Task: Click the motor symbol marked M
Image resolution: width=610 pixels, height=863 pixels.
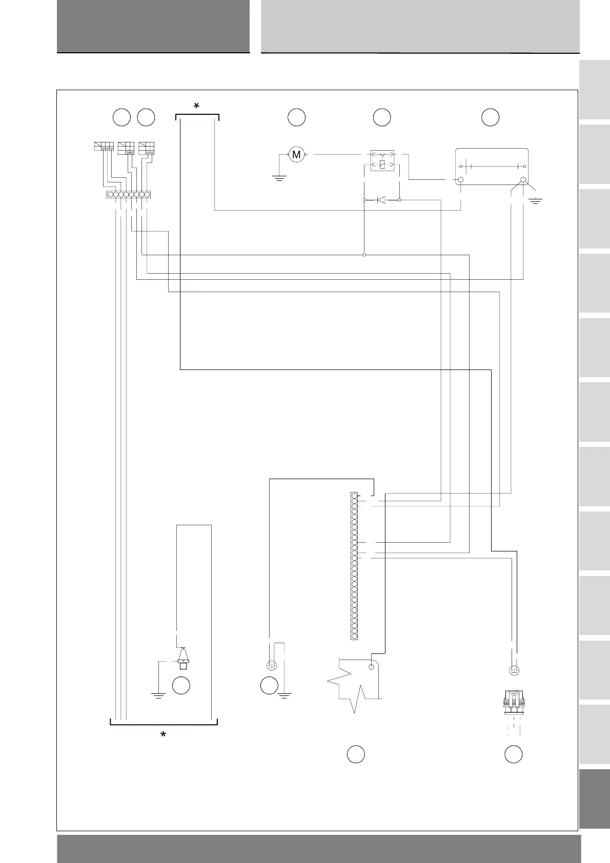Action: [296, 154]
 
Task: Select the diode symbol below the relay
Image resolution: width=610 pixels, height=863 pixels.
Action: [381, 200]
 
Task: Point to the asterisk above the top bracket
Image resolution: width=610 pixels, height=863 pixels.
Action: [196, 106]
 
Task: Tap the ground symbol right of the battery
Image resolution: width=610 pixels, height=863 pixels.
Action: [536, 200]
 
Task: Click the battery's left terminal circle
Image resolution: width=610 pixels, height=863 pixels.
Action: [460, 180]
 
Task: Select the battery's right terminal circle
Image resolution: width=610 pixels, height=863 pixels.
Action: [523, 180]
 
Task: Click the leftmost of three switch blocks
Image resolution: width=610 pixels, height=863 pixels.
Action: [103, 147]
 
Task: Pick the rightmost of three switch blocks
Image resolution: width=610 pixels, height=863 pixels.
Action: [147, 147]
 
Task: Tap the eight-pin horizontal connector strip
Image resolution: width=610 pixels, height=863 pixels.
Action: [129, 195]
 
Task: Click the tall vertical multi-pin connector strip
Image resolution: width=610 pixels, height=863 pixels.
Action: [354, 566]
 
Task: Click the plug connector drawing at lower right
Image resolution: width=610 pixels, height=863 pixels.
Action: [513, 702]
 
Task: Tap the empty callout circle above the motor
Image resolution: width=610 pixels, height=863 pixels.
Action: [296, 117]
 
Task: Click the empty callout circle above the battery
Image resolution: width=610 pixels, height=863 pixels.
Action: [491, 117]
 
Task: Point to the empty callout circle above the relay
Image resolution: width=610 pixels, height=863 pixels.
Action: [382, 117]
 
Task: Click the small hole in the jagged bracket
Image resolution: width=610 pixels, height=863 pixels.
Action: [372, 667]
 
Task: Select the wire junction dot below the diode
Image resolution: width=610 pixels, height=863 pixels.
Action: [364, 255]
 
